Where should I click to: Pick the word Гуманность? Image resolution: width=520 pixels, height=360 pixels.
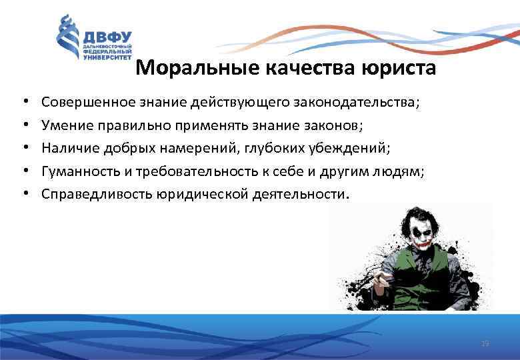click(80, 172)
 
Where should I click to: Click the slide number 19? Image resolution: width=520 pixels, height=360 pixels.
click(485, 343)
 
